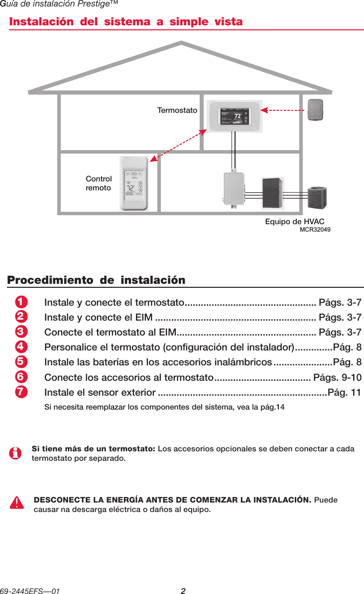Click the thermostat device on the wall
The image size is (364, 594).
pyautogui.click(x=233, y=118)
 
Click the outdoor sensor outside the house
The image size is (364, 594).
pyautogui.click(x=315, y=110)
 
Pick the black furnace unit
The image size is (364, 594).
pyautogui.click(x=273, y=192)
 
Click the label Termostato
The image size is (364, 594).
pyautogui.click(x=177, y=110)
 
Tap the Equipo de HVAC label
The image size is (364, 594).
pyautogui.click(x=295, y=221)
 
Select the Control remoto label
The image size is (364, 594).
pyautogui.click(x=99, y=183)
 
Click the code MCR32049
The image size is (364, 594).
pyautogui.click(x=315, y=230)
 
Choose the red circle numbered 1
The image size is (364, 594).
pyautogui.click(x=20, y=303)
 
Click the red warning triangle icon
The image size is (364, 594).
pyautogui.click(x=17, y=503)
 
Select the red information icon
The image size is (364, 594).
pyautogui.click(x=16, y=453)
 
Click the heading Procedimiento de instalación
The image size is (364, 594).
pyautogui.click(x=96, y=280)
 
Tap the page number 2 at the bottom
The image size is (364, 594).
pyautogui.click(x=183, y=591)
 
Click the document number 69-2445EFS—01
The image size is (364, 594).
pyautogui.click(x=31, y=591)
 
